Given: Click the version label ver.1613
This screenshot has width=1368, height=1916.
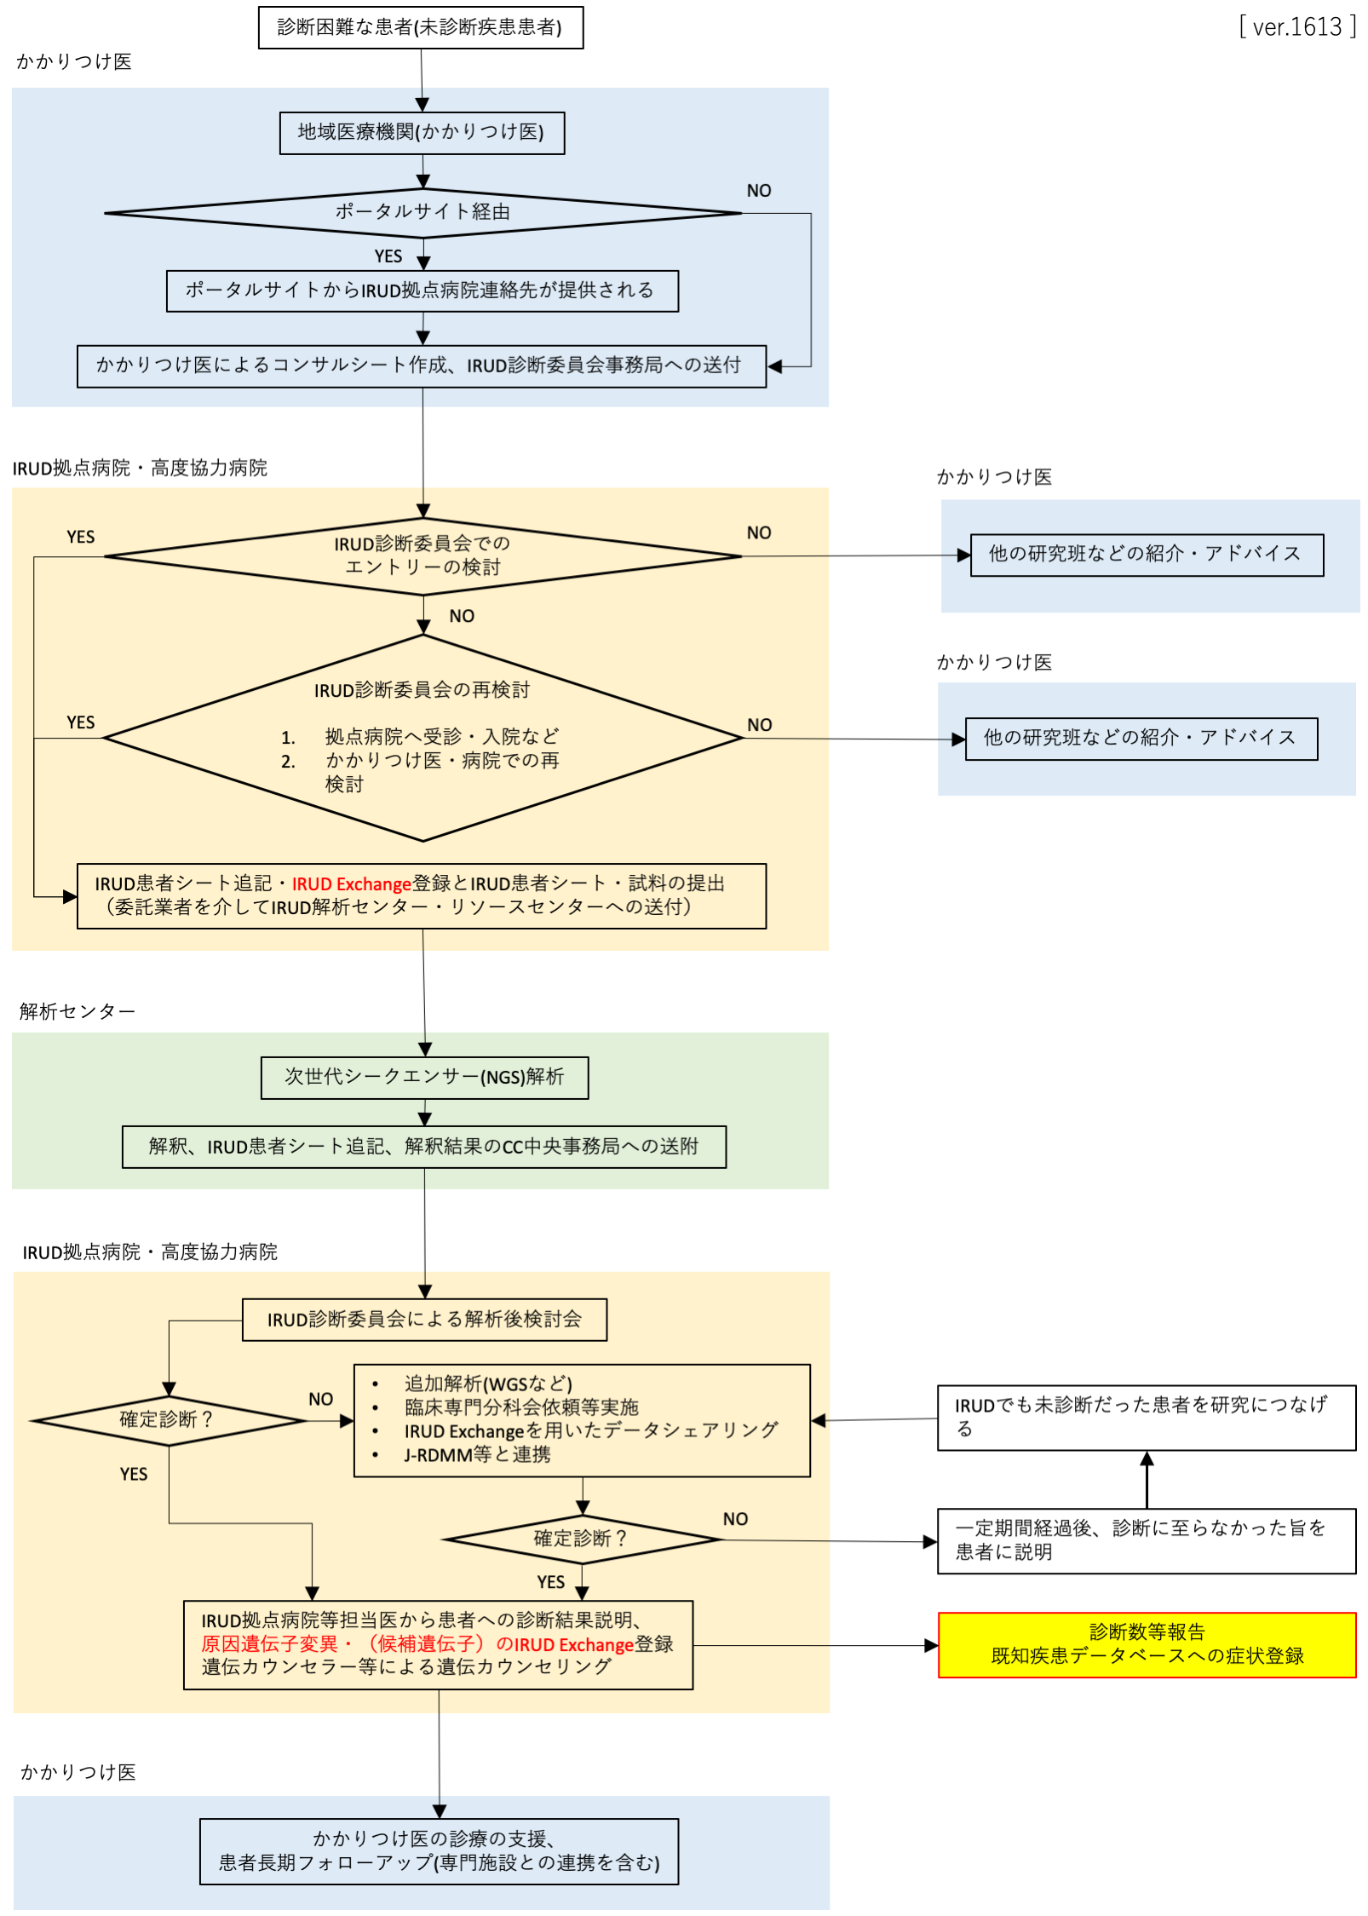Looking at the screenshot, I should click(x=1296, y=27).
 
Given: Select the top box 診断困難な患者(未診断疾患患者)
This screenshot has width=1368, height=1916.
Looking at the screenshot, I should click(x=420, y=28).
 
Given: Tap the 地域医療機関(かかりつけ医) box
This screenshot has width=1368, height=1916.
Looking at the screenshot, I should click(x=421, y=132).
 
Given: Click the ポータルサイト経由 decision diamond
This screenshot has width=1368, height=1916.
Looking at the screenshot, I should click(x=422, y=212).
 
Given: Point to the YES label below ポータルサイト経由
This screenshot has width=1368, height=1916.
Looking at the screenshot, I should click(x=388, y=256).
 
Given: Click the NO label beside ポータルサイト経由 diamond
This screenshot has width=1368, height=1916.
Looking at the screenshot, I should click(x=758, y=191).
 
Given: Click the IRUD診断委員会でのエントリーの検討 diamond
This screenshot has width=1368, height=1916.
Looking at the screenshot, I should click(x=422, y=555).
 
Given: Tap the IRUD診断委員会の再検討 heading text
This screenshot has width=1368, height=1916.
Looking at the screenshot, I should click(x=422, y=689).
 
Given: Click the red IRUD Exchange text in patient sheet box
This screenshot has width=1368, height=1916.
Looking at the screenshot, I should click(x=351, y=883).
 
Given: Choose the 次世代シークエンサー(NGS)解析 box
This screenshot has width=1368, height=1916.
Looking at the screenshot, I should click(x=423, y=1077).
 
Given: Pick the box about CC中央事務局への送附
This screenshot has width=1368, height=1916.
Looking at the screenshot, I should click(x=423, y=1146).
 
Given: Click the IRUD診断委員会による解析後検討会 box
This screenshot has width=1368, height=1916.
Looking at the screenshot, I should click(x=423, y=1319).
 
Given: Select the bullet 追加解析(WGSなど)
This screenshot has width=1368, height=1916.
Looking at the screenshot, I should click(x=487, y=1383).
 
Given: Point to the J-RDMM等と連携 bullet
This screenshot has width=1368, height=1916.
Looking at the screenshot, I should click(x=476, y=1454).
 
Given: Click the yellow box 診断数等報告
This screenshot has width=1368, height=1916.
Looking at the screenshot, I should click(x=1146, y=1643).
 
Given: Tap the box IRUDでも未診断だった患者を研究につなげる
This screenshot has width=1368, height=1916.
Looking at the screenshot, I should click(x=1146, y=1417).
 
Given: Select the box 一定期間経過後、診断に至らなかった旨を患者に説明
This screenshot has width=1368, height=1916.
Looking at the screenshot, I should click(x=1146, y=1539).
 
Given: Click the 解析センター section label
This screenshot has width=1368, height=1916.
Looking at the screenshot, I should click(x=77, y=1011).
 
